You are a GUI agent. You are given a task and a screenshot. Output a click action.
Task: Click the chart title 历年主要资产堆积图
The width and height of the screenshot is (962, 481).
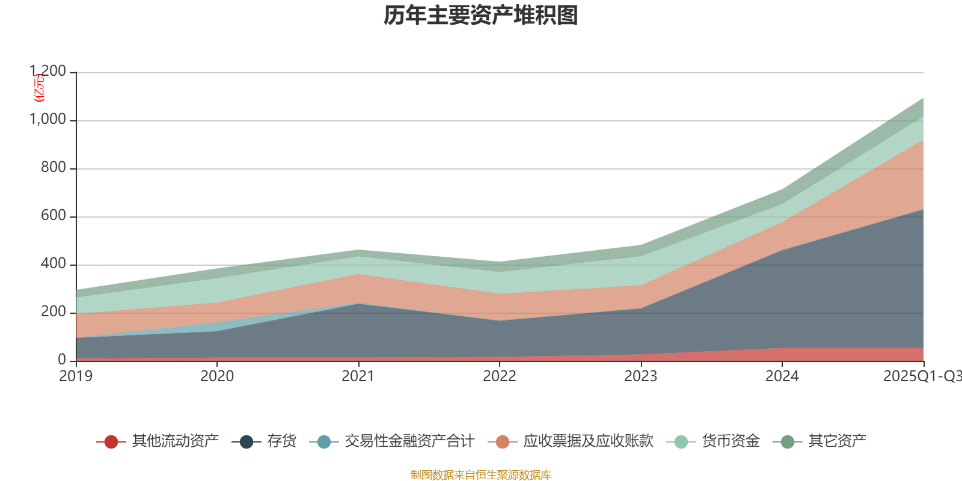click(x=481, y=16)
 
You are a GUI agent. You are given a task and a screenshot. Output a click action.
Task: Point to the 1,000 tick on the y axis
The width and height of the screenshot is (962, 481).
click(x=48, y=120)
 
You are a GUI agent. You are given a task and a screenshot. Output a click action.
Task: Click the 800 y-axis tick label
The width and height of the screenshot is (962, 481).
click(x=53, y=168)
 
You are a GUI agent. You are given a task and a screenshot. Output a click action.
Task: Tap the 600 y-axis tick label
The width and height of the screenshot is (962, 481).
click(x=53, y=216)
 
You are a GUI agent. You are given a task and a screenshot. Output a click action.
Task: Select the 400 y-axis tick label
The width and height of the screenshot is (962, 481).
click(x=53, y=264)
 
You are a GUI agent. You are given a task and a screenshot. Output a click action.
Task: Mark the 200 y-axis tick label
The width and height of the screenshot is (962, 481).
click(x=53, y=312)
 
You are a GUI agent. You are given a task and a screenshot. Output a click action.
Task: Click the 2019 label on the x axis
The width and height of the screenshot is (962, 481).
click(x=76, y=376)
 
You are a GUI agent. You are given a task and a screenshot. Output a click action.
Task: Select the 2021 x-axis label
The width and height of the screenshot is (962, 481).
click(x=358, y=376)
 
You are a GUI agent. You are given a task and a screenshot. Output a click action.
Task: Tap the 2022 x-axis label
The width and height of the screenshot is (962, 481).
click(x=500, y=376)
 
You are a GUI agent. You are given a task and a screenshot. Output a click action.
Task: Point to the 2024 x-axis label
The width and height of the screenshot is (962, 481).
click(x=782, y=376)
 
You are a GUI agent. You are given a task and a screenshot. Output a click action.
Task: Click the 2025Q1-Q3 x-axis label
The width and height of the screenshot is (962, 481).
click(x=922, y=376)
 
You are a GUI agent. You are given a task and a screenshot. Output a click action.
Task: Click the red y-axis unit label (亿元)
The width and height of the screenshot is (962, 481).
click(x=39, y=88)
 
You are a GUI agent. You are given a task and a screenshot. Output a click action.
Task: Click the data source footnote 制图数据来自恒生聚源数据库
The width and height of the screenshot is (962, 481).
click(x=481, y=475)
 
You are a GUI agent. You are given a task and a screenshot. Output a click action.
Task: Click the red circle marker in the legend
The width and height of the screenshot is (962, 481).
click(x=111, y=442)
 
